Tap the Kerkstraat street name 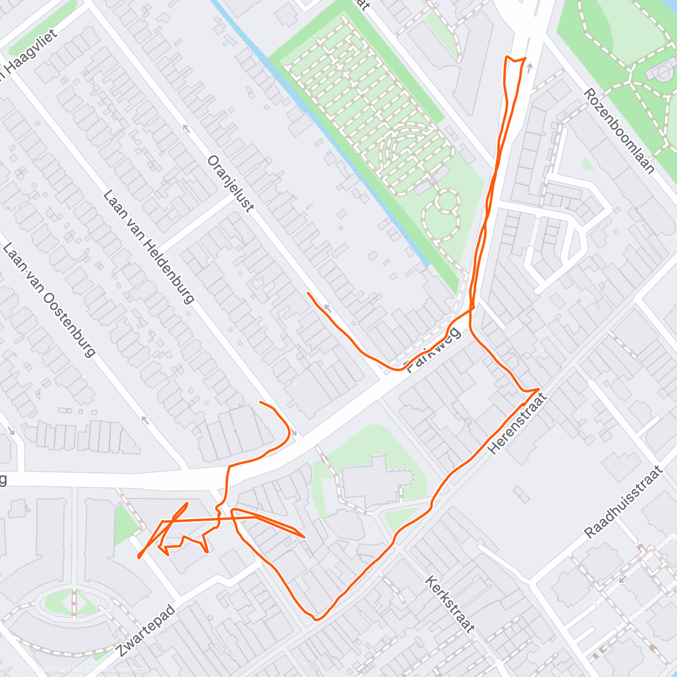tap(450, 604)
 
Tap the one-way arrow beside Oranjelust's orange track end tap(326, 308)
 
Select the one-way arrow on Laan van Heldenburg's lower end tap(144, 420)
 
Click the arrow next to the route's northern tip tap(529, 68)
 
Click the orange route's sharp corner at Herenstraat tap(539, 389)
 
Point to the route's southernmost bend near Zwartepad tap(316, 619)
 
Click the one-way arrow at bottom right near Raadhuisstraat tap(622, 579)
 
